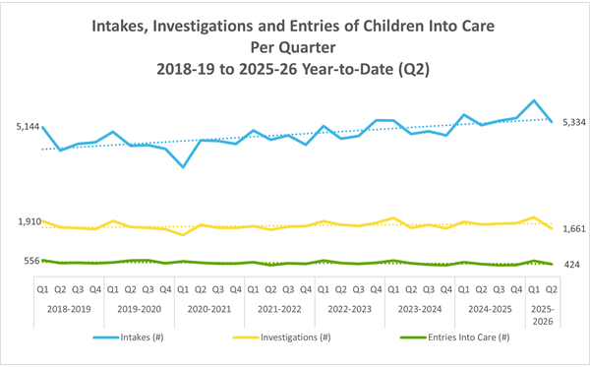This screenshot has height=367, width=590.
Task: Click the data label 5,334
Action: coord(571,122)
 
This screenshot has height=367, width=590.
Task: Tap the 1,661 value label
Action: coord(571,228)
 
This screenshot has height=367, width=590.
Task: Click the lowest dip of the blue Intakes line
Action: coord(183,167)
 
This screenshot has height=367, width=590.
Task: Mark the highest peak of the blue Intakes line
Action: coord(533,100)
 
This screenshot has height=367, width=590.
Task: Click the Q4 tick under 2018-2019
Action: coord(95,289)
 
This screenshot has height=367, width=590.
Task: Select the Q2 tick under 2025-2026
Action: coord(551,289)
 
